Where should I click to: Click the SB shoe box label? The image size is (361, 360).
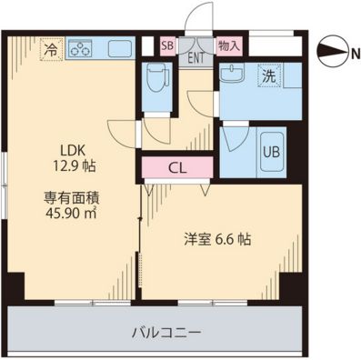click(x=167, y=45)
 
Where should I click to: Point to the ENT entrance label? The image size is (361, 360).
click(x=196, y=57)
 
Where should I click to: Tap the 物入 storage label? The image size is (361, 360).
click(x=228, y=45)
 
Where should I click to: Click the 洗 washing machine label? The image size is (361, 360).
click(x=269, y=76)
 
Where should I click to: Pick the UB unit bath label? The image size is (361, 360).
click(x=271, y=152)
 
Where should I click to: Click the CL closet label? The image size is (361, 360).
click(x=176, y=167)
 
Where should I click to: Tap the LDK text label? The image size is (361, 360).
click(x=75, y=150)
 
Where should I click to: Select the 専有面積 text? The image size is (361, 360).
click(x=72, y=195)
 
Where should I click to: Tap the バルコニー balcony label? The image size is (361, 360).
click(x=152, y=331)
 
